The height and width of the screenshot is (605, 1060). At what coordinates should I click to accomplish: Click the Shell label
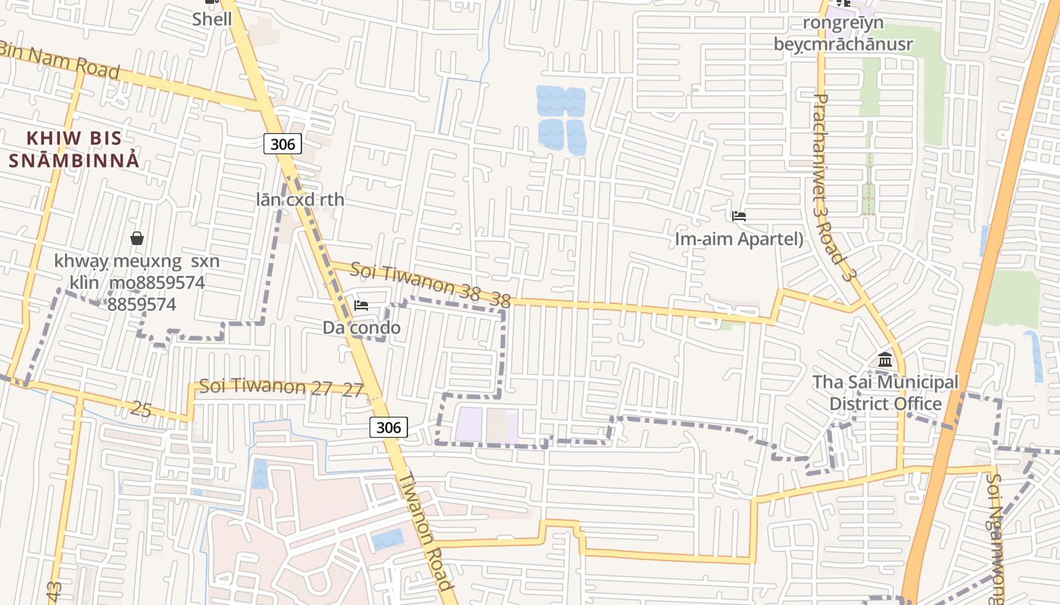point(211,19)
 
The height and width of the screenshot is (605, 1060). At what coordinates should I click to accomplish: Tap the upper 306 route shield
point(282,143)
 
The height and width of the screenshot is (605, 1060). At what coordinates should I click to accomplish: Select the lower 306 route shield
point(388,427)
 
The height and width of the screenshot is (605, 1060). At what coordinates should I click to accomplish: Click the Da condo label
point(361,328)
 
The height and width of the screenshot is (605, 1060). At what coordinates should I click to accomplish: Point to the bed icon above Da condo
point(361,306)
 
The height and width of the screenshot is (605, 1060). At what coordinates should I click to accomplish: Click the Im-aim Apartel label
point(738,239)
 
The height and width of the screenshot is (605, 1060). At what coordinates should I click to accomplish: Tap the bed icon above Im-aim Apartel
point(739,216)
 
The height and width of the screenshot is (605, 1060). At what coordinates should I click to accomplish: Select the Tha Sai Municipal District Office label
point(885,392)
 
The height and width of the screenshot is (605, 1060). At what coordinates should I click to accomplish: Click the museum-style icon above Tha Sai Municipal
point(885,359)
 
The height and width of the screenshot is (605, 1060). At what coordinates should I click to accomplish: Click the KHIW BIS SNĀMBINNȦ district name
point(74,149)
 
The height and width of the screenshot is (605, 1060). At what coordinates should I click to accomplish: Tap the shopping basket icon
point(137,238)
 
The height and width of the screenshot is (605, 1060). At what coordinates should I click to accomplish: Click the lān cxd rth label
point(300,200)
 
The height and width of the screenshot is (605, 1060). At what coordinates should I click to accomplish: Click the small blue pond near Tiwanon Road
point(388,539)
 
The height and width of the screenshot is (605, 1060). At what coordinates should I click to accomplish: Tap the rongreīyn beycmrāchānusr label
point(843,33)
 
